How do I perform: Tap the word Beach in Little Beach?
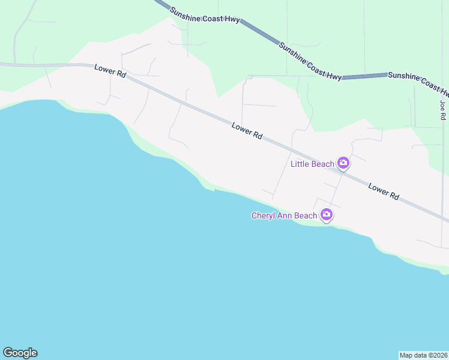point(322,164)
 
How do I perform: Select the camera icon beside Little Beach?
point(343,163)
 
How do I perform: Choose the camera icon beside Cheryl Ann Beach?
point(327,214)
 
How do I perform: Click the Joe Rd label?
point(443,110)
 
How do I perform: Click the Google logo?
point(20,353)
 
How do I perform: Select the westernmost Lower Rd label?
point(110,71)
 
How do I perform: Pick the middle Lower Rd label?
point(247,131)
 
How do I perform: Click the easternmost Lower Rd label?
point(384,191)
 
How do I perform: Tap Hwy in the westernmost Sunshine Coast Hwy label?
point(232,20)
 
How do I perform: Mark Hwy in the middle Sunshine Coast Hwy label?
point(334,75)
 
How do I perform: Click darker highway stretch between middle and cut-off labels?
point(364,76)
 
